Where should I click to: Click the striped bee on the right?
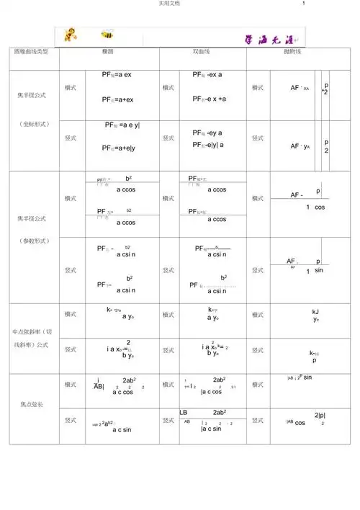(x=108, y=34)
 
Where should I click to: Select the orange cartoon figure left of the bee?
(x=72, y=34)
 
